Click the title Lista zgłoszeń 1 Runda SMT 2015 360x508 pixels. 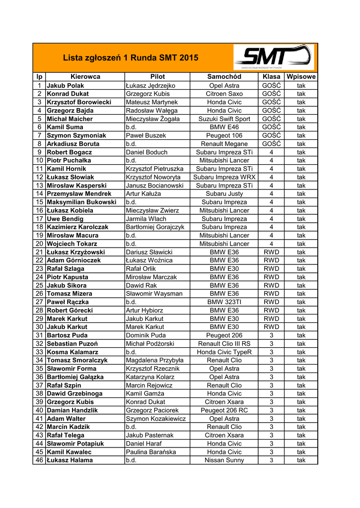131,58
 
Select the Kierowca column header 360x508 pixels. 85,77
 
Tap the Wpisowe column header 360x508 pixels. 301,77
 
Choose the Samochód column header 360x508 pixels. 224,77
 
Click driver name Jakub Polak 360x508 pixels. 65,86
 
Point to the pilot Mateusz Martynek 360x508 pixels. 148,102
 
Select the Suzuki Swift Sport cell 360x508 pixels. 224,119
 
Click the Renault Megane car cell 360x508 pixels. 224,144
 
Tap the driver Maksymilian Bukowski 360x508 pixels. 81,202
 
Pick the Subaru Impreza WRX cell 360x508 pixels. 224,177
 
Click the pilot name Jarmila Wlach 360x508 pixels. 146,219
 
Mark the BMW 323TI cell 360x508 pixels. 224,302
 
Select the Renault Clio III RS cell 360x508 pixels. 224,344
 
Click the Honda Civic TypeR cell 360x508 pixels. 224,352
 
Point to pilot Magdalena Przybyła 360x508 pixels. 154,360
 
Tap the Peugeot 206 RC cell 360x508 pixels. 224,410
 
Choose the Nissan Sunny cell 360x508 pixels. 224,460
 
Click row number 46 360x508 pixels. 39,460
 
